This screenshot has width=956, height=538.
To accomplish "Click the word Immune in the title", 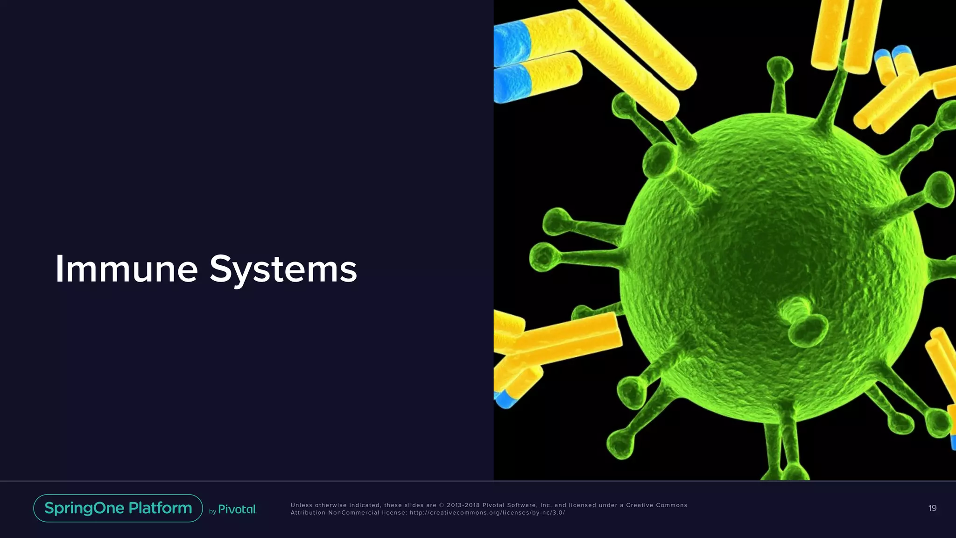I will pyautogui.click(x=126, y=269).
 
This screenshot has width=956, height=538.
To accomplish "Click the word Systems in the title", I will pyautogui.click(x=283, y=270).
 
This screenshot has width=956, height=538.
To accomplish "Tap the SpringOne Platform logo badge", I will pyautogui.click(x=118, y=508).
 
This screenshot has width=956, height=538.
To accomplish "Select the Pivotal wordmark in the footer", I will pyautogui.click(x=237, y=510).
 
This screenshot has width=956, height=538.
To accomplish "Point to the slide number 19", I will pyautogui.click(x=932, y=508).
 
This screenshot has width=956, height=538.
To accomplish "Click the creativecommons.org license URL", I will pyautogui.click(x=487, y=513).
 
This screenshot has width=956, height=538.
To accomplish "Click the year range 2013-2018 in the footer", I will pyautogui.click(x=463, y=505).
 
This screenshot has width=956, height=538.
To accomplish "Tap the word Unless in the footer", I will pyautogui.click(x=302, y=505).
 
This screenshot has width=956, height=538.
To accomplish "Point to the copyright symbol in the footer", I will pyautogui.click(x=442, y=505).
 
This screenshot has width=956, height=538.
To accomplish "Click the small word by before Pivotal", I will pyautogui.click(x=212, y=511).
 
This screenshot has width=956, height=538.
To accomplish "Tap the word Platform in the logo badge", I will pyautogui.click(x=160, y=508).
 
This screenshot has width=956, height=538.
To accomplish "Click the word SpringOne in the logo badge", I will pyautogui.click(x=84, y=508).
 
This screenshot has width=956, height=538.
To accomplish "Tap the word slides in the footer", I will pyautogui.click(x=413, y=505).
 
